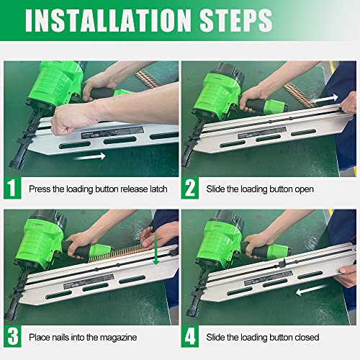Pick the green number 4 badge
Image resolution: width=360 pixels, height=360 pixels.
tap(189, 336)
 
